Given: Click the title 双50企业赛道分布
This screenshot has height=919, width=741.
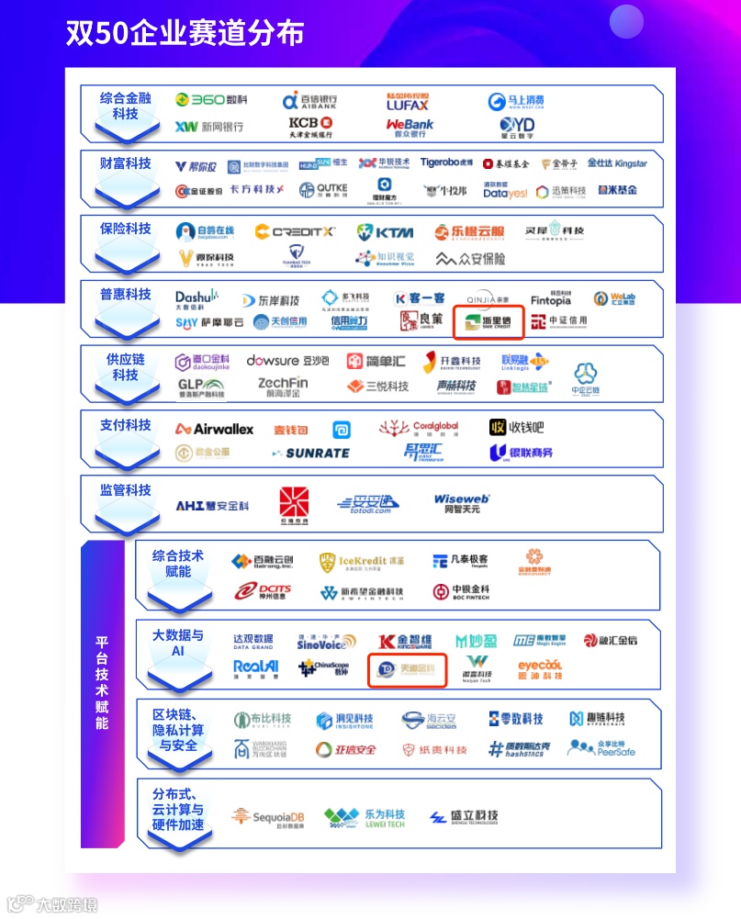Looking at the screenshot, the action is point(185,33).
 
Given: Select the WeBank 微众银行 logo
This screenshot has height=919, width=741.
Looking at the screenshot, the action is point(410,127).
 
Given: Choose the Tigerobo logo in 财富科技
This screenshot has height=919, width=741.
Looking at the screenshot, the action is point(446,163).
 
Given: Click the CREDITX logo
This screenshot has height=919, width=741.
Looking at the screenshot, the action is point(295,232).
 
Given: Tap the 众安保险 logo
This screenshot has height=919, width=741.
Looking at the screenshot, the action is point(470,259).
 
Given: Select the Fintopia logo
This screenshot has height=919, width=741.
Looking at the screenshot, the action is point(550,298).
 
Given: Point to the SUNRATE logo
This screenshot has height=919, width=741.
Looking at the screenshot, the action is point(311,453).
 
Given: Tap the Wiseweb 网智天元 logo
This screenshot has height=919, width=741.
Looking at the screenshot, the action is point(462,502).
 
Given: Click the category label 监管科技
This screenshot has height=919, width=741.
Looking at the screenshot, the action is point(126,490).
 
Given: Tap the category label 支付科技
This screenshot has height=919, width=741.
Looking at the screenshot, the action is point(126,425).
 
